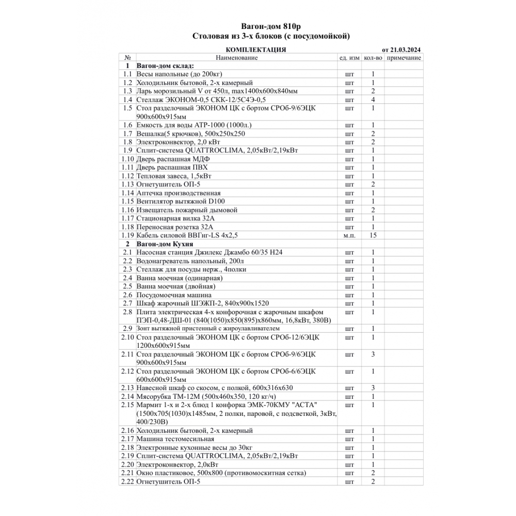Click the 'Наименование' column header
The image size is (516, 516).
[236, 58]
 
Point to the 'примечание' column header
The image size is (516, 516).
[404, 58]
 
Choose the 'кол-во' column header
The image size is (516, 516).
[373, 58]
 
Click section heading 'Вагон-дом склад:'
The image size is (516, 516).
[165, 66]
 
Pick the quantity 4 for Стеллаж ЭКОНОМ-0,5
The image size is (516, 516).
[373, 100]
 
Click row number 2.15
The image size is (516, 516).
[127, 405]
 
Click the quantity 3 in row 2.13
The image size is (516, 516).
[373, 388]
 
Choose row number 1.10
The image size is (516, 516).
[127, 159]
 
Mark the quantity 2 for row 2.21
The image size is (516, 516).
[373, 473]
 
